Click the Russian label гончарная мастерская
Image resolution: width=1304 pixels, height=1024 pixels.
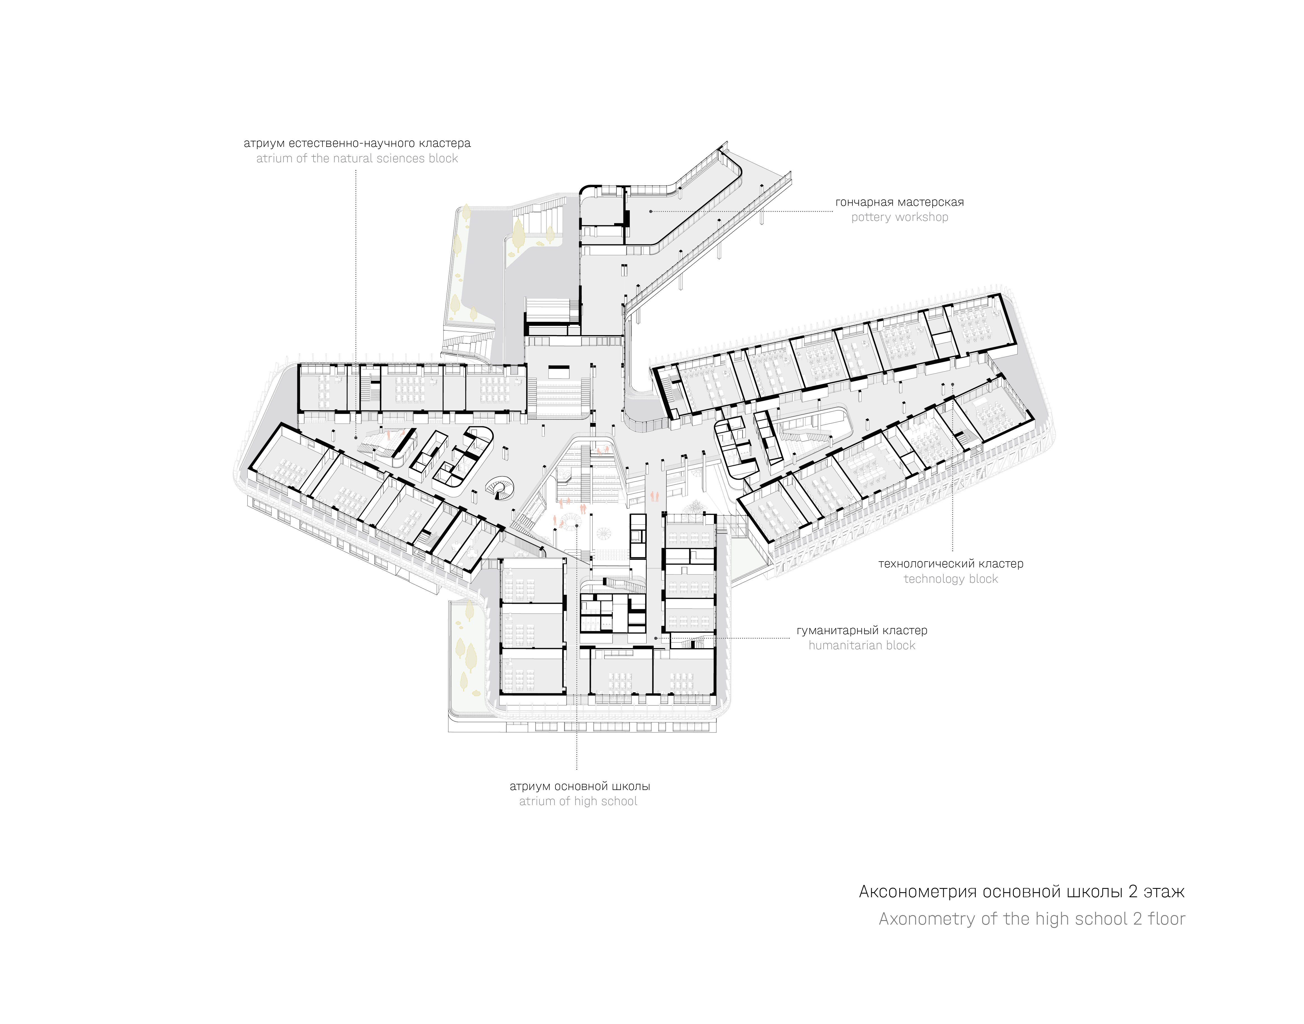point(900,202)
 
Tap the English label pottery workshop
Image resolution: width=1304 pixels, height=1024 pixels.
point(900,217)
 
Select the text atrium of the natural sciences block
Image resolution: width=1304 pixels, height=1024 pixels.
point(357,158)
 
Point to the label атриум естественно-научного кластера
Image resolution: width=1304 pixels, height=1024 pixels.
point(357,143)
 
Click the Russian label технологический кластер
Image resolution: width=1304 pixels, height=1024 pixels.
point(951,564)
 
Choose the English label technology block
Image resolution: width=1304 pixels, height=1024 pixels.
point(951,579)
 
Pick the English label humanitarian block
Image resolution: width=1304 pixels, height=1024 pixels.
point(862,645)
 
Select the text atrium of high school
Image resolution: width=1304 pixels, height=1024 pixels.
point(578,801)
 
